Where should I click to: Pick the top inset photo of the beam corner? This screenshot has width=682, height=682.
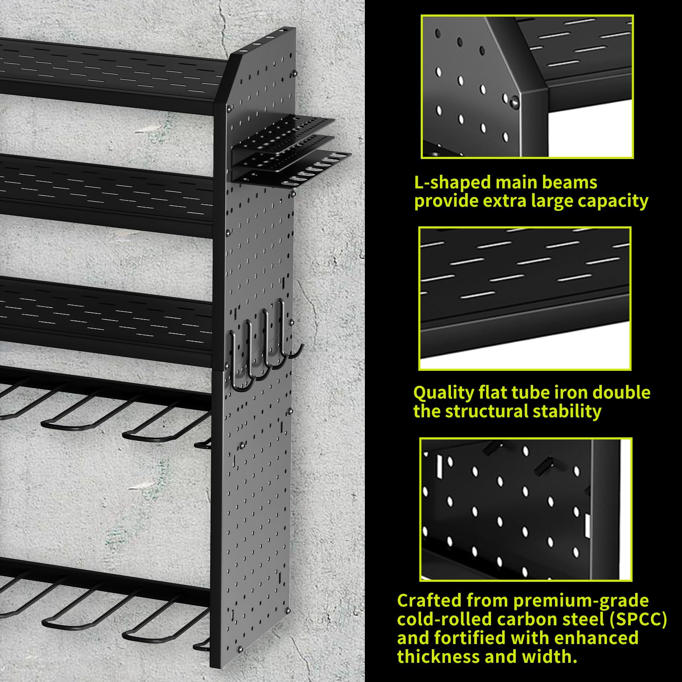[x=527, y=87]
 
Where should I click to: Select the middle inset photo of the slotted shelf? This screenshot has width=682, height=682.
[x=525, y=298]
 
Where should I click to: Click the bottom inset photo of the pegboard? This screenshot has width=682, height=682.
[x=526, y=509]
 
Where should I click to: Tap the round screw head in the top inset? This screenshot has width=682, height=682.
[x=514, y=101]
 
